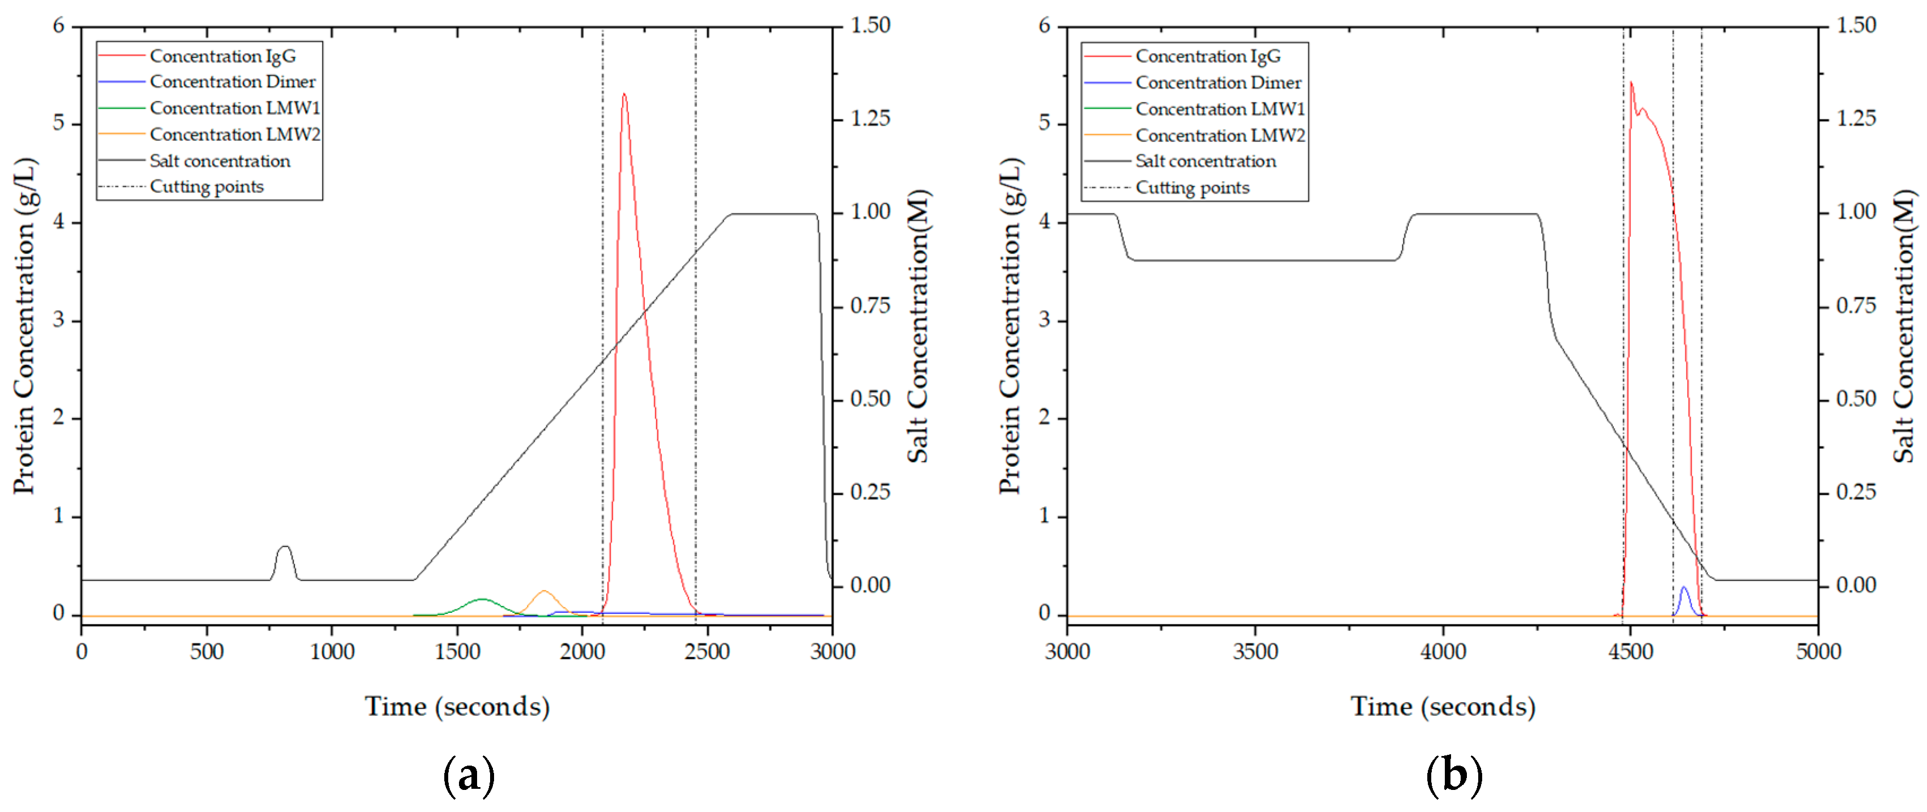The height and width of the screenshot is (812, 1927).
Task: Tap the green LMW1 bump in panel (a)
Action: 482,600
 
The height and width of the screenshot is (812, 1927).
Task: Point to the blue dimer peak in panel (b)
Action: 1684,588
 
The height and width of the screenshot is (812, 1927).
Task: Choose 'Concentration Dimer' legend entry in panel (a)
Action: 232,81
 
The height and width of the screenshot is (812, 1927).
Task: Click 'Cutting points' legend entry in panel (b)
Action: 1192,188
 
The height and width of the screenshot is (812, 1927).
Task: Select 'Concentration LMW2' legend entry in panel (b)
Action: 1220,135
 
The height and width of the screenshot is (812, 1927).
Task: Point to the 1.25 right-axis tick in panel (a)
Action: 870,119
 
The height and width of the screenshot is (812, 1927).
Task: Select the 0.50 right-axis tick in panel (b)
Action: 1856,399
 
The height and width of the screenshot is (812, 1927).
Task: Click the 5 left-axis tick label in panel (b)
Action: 1044,123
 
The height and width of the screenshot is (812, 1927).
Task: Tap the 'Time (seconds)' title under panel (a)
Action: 457,707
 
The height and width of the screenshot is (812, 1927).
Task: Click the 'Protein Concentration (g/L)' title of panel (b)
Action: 1010,325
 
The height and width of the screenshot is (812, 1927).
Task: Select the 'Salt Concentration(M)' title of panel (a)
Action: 918,325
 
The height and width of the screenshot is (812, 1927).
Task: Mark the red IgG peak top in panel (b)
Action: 1632,83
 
